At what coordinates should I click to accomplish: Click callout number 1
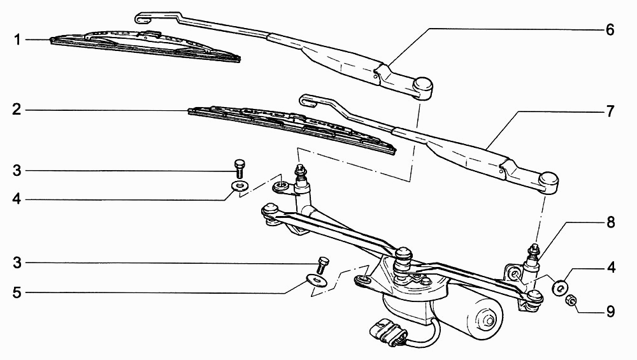(x=17, y=40)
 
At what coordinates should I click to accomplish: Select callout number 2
(x=17, y=110)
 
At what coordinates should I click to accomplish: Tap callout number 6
(x=610, y=30)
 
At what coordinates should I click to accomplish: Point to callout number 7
(x=610, y=112)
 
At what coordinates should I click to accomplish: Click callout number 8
(x=611, y=222)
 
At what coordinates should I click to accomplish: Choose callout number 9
(x=611, y=312)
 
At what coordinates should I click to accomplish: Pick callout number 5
(x=17, y=292)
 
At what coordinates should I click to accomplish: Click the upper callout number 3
(x=17, y=170)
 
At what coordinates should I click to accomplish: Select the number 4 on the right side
(x=611, y=268)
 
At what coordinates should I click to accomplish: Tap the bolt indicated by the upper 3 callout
(x=240, y=168)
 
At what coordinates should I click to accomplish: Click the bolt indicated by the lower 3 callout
(x=323, y=265)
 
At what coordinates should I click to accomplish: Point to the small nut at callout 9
(x=571, y=300)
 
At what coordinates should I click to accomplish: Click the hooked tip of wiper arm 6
(x=143, y=17)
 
